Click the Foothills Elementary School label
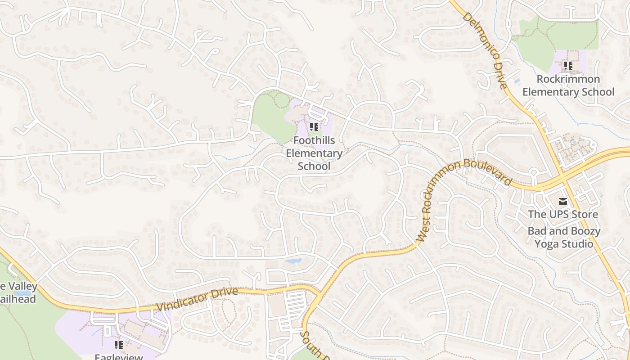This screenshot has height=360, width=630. coord(314,153)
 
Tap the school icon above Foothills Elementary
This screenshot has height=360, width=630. coord(314,127)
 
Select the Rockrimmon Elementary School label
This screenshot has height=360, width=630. coord(568,85)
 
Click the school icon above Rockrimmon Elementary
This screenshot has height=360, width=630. coord(568,66)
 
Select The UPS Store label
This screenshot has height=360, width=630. coord(563,214)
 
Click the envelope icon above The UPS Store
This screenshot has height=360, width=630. coord(563,201)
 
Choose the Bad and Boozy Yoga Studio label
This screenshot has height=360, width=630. coord(564,238)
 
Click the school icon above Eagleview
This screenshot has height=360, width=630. coord(119,345)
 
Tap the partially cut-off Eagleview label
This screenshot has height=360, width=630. coord(119,356)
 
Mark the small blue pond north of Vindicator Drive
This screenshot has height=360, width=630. coord(293,261)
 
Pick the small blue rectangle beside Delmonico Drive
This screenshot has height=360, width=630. coord(517,81)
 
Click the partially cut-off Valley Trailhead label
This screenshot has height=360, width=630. coord(18,292)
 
